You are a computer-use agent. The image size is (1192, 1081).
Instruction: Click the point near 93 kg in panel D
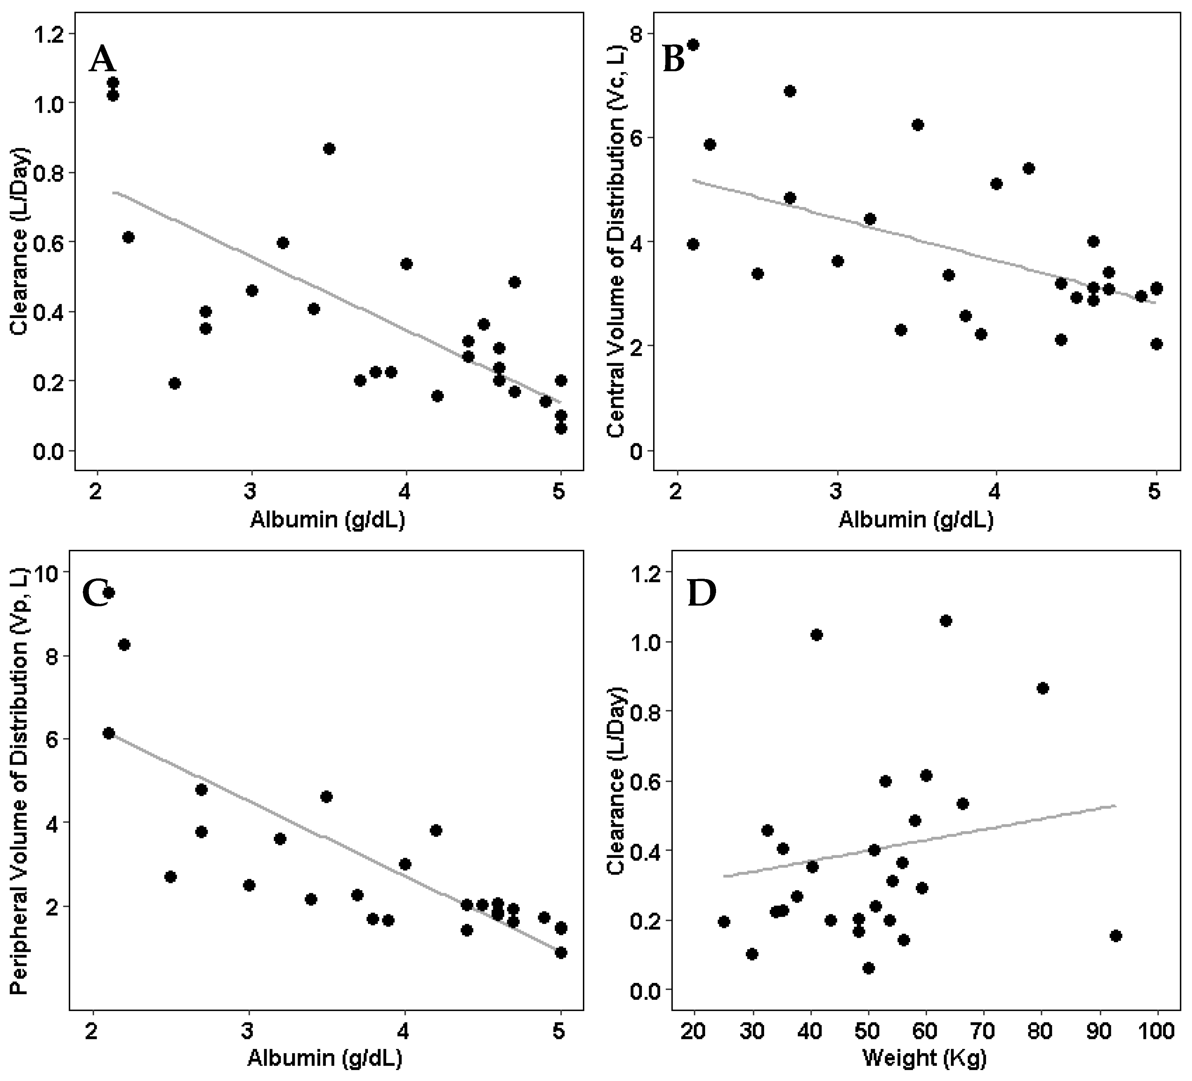[1116, 936]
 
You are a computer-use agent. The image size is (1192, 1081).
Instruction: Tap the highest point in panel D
[946, 620]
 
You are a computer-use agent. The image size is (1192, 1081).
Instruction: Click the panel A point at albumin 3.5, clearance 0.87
[329, 148]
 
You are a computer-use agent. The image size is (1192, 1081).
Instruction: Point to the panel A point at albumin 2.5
[175, 383]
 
